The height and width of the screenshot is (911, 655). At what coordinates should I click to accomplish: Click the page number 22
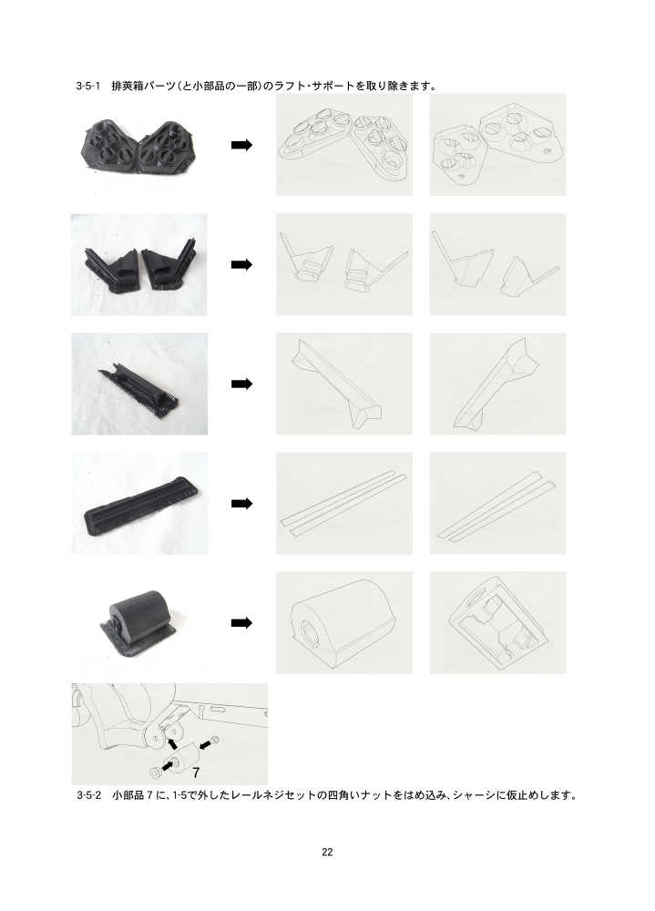click(327, 852)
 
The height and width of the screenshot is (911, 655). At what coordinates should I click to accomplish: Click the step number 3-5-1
click(87, 86)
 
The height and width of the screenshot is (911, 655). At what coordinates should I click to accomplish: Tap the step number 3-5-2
click(88, 794)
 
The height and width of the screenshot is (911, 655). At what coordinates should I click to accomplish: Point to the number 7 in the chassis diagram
click(196, 773)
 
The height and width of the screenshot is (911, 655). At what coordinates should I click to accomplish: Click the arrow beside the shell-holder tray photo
click(241, 145)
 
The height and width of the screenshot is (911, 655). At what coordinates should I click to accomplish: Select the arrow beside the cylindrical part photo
click(241, 623)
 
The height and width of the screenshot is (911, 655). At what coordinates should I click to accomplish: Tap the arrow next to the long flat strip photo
click(241, 503)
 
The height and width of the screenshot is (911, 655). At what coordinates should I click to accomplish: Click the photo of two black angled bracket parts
click(138, 264)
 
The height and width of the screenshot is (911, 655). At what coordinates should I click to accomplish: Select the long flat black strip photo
click(139, 503)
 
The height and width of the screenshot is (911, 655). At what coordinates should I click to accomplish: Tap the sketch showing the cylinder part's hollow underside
click(497, 623)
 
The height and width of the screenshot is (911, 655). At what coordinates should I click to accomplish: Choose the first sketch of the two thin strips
click(344, 503)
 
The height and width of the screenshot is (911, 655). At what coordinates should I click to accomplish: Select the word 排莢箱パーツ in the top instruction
click(144, 86)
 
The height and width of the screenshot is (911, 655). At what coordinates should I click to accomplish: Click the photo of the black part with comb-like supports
click(139, 384)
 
